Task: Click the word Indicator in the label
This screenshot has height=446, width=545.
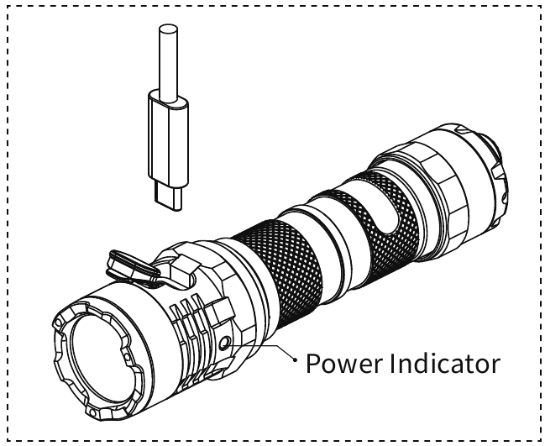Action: (x=444, y=364)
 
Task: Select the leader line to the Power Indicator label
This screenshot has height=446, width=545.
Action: (x=265, y=348)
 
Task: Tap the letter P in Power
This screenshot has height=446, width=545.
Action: (x=312, y=364)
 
